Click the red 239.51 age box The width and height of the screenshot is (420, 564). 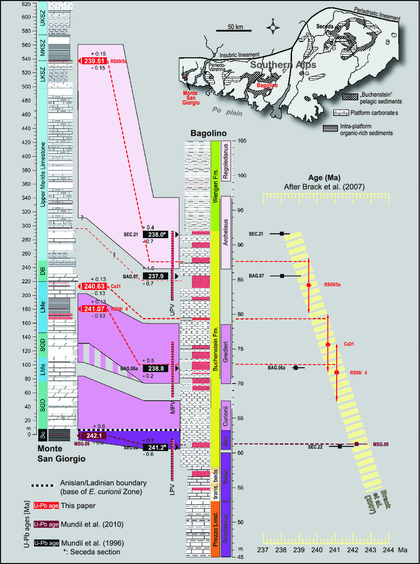click(x=93, y=60)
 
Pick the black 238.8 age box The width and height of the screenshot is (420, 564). click(x=158, y=367)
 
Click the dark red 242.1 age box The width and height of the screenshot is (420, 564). click(x=93, y=436)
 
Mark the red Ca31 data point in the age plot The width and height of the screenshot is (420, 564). click(x=328, y=345)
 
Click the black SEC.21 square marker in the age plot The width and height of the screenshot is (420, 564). click(x=282, y=233)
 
